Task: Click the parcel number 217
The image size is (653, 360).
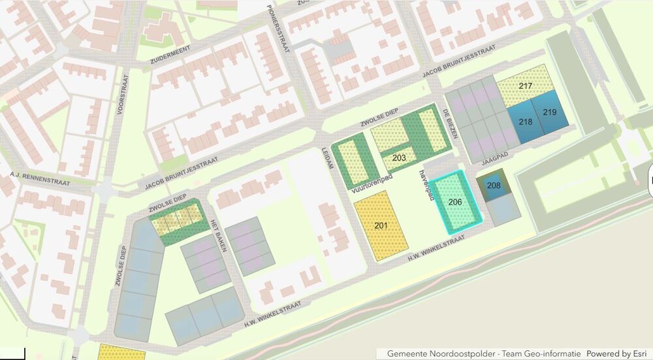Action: [x=526, y=86]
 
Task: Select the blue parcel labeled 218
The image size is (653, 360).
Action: [x=526, y=122]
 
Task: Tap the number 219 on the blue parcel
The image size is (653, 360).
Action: [x=549, y=112]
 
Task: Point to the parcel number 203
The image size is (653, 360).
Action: [x=400, y=158]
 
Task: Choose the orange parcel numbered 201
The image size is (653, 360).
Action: [x=381, y=225]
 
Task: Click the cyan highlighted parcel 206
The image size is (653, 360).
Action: [x=456, y=202]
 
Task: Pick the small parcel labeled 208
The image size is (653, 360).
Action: [x=494, y=186]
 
